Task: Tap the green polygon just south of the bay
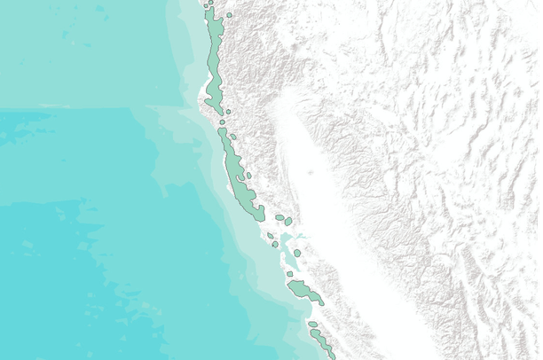[x=304, y=291]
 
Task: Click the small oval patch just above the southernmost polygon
[x=312, y=325]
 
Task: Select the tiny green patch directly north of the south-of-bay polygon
[x=290, y=275]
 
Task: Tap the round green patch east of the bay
[x=297, y=253]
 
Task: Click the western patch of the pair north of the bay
[x=279, y=217]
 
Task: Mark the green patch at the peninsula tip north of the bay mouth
[x=275, y=244]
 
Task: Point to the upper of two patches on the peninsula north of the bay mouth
[x=270, y=236]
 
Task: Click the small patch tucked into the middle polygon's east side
[x=249, y=176]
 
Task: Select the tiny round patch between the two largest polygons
[x=222, y=121]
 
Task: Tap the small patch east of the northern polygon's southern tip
[x=228, y=112]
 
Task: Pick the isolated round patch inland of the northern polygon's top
[x=229, y=15]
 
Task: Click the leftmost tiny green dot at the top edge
[x=206, y=5]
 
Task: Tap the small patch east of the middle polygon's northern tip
[x=232, y=137]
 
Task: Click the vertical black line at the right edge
[x=540, y=177]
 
